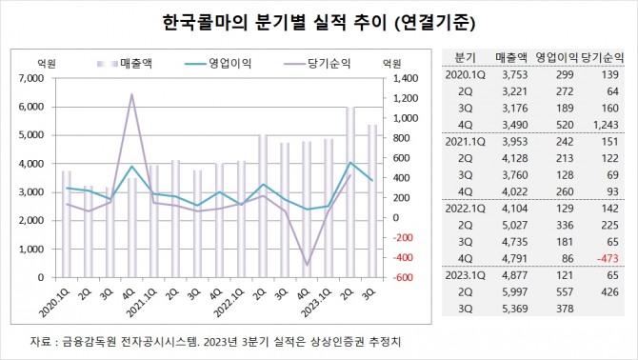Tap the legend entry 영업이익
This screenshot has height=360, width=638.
(x=229, y=63)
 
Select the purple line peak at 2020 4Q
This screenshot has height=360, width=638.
(x=131, y=94)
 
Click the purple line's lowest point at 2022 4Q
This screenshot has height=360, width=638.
(x=307, y=265)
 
